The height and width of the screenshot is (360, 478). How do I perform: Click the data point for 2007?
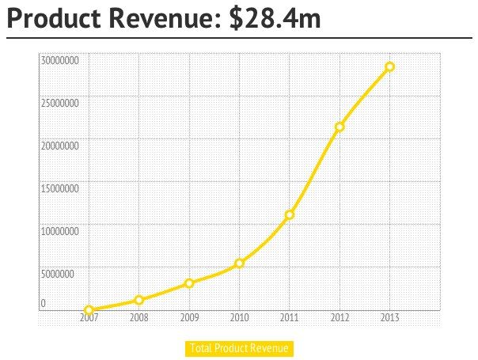89,310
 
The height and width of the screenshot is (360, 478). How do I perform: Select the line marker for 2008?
139,300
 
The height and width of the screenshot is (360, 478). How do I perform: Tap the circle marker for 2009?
189,283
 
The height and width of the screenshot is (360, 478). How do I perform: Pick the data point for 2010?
239,263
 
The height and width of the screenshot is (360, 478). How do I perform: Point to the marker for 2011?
290,214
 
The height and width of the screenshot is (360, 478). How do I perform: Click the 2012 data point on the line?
340,127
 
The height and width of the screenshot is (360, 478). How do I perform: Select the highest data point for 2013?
389,66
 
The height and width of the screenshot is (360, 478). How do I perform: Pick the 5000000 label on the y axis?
59,275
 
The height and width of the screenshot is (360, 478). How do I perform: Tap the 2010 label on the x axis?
239,318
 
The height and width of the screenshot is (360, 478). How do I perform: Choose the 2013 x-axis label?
389,318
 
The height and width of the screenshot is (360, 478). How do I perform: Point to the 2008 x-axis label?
139,318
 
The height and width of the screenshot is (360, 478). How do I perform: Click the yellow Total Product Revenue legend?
240,348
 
